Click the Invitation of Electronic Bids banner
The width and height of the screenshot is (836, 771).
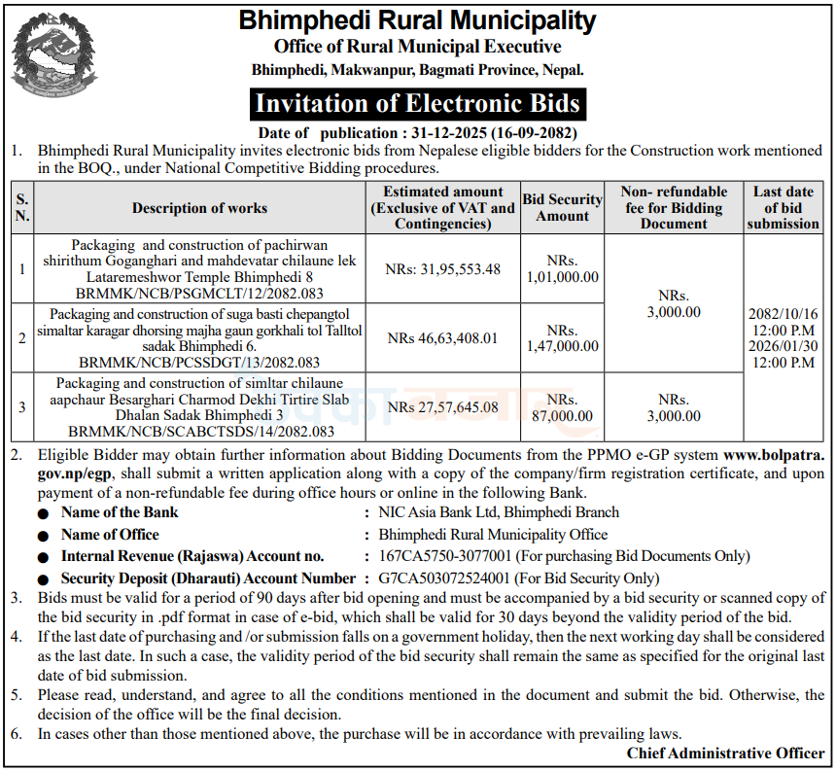[417, 104]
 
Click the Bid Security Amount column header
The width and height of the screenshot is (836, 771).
[563, 207]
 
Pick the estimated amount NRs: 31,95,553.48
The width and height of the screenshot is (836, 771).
[443, 269]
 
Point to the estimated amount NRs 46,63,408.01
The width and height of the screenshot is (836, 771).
[443, 338]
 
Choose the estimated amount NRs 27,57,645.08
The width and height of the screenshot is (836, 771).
[443, 407]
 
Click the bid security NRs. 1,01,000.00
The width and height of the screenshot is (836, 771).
[563, 269]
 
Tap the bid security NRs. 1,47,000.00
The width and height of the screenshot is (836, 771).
[563, 338]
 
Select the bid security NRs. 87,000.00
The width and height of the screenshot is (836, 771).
[563, 407]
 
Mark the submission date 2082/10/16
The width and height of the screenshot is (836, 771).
[784, 313]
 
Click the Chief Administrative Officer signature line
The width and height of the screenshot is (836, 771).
[725, 753]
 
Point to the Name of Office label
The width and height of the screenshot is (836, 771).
[110, 535]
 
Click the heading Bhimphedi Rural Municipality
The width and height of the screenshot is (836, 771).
[417, 19]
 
